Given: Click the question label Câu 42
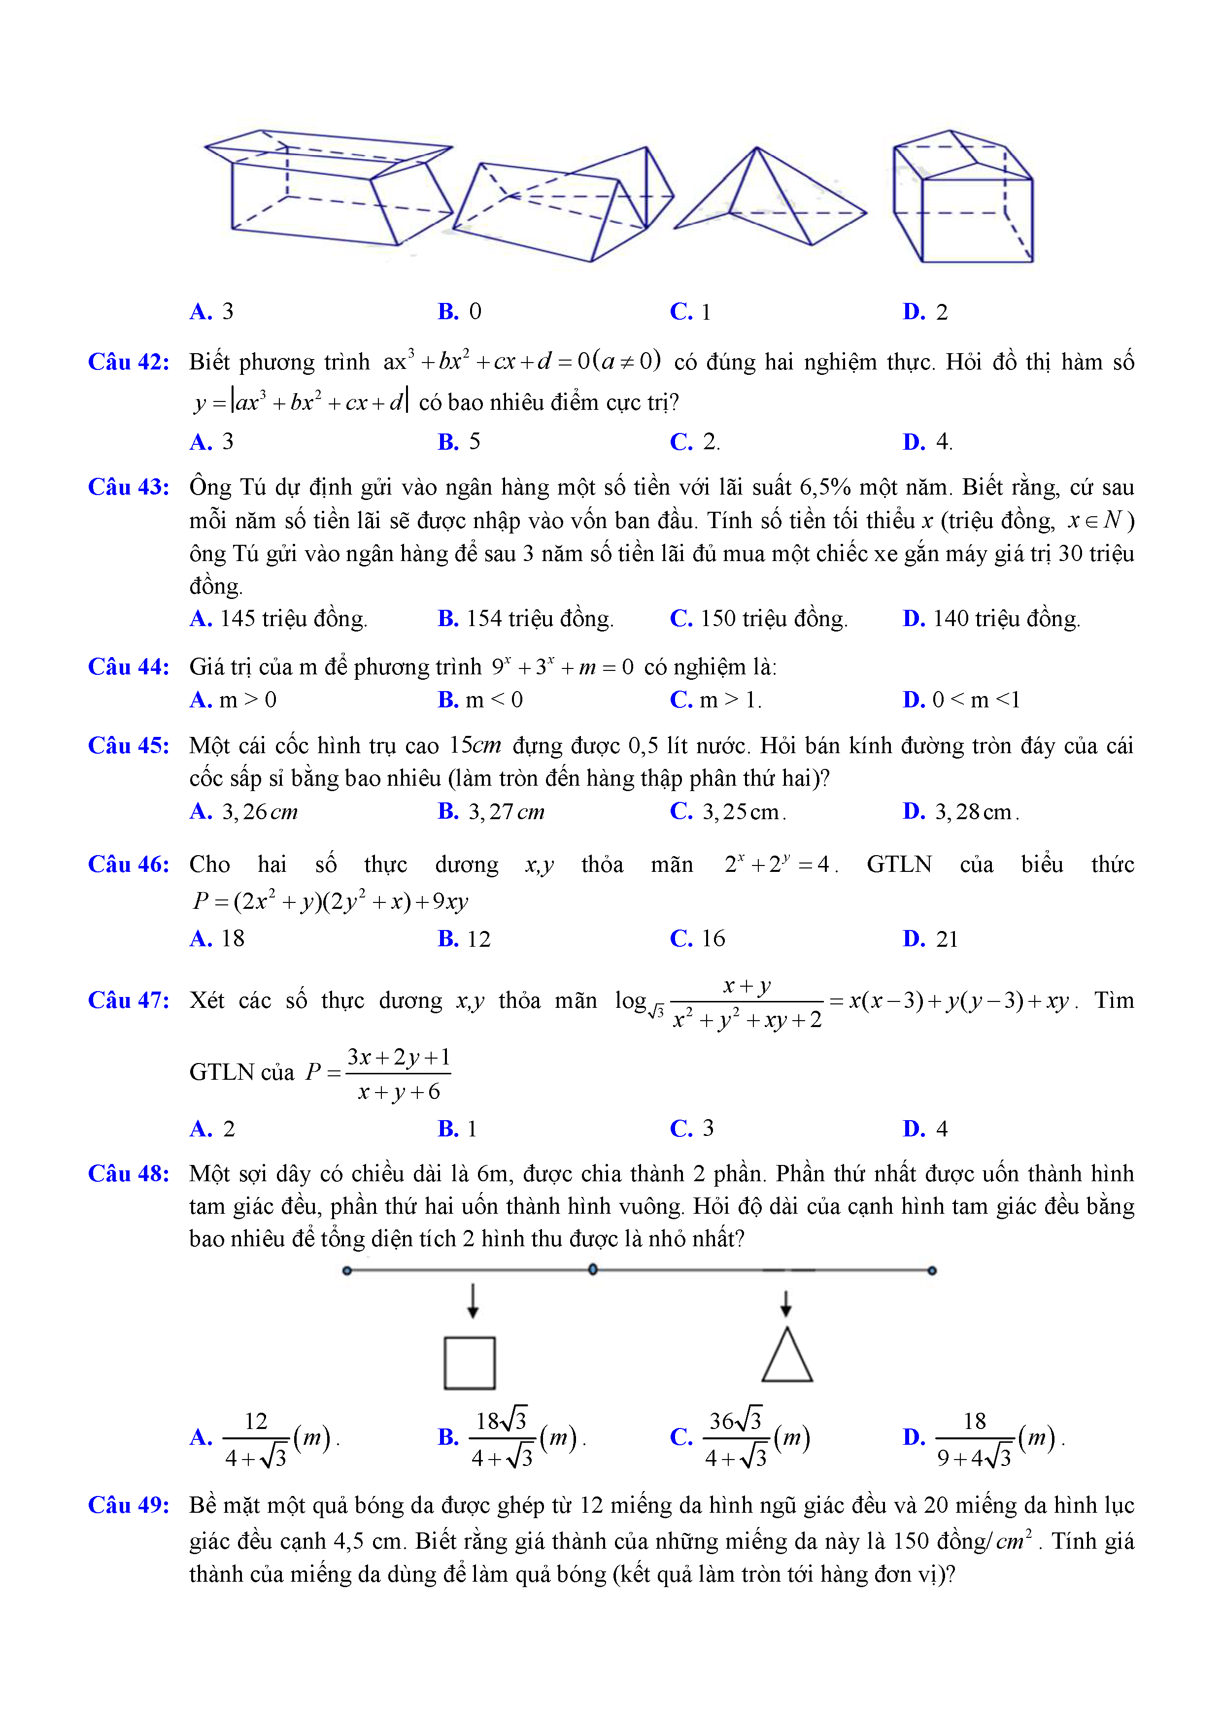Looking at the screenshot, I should [129, 362].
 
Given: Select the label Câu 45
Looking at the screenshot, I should [129, 745].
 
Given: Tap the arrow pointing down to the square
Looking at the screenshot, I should [473, 1300].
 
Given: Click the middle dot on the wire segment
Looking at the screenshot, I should [593, 1270].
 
